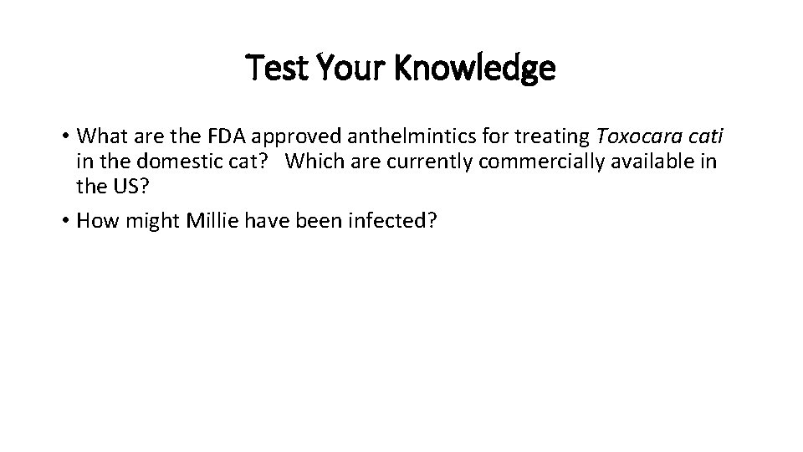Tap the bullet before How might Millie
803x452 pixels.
pos(64,221)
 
